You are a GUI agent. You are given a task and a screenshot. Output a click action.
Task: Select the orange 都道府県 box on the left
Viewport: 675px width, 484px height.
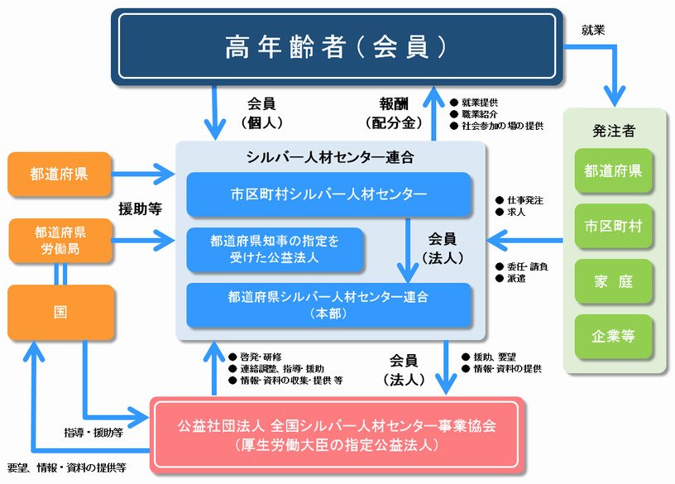60,174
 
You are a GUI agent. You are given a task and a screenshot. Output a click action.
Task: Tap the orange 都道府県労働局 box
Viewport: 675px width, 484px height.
60,240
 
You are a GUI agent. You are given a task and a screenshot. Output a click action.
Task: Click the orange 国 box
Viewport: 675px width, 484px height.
60,313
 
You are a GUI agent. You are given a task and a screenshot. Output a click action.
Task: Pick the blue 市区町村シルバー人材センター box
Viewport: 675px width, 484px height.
328,194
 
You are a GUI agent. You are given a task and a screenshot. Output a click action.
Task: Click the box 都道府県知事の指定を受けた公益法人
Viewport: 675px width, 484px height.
275,249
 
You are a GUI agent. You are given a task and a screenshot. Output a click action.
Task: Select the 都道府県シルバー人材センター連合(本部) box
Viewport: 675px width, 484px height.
328,304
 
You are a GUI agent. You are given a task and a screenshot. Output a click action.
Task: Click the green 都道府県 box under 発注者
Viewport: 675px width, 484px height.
614,171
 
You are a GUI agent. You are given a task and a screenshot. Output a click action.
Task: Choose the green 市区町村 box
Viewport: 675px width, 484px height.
614,226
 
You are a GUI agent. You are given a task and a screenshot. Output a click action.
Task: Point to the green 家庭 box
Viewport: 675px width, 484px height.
614,280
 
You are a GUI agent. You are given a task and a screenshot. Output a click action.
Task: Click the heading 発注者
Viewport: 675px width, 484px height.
614,131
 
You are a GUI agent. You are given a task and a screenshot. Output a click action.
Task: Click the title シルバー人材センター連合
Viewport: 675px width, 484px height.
329,156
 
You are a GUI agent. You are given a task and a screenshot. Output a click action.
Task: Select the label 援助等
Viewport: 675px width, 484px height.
139,208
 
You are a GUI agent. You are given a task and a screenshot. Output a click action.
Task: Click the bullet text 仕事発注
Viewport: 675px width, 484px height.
524,200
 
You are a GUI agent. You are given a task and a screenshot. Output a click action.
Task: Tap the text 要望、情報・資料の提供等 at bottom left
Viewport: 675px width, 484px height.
67,467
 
